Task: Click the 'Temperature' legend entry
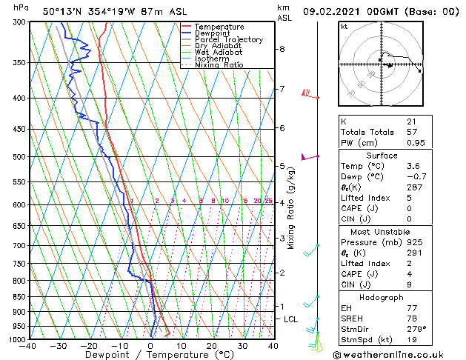coord(219,27)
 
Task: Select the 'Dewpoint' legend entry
coord(214,33)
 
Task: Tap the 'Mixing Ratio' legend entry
coord(219,65)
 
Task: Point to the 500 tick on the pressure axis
coord(15,157)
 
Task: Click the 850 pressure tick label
coord(15,297)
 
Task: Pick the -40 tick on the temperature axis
coord(28,346)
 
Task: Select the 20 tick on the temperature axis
coord(212,346)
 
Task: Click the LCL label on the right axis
coord(291,319)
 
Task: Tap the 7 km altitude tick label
coord(282,90)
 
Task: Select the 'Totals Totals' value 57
coord(411,131)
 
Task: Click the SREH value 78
coord(411,318)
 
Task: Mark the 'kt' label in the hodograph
coord(344,27)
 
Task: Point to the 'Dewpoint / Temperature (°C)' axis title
coord(150,355)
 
